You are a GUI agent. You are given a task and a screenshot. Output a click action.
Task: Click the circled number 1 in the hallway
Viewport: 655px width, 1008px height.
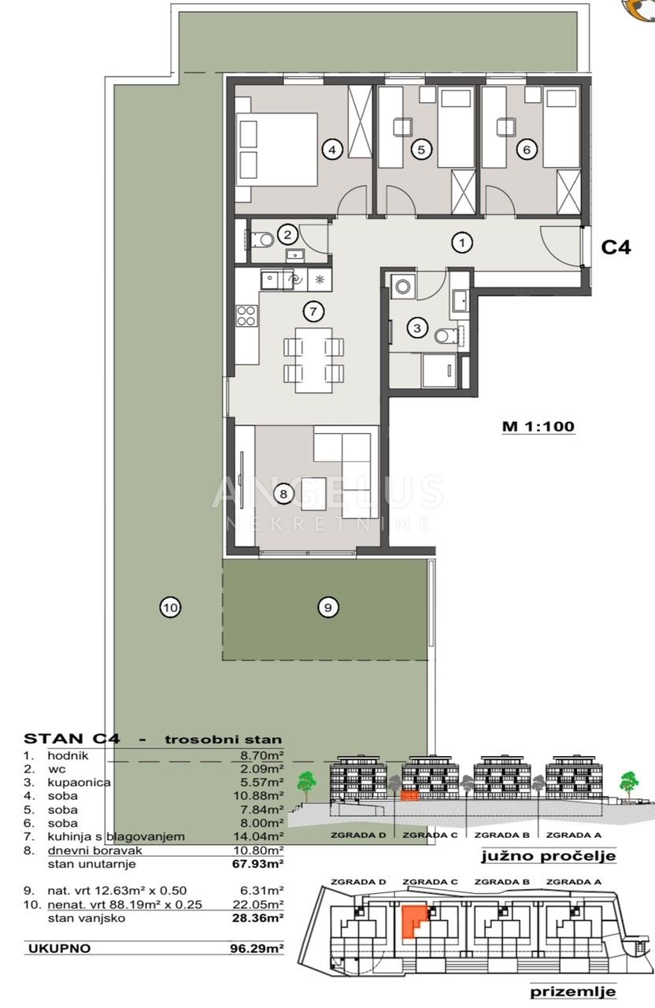click(x=462, y=243)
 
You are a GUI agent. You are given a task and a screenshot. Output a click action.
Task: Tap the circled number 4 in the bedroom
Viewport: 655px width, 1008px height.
click(x=332, y=149)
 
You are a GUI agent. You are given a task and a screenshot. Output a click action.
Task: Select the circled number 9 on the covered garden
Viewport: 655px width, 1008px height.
click(x=328, y=608)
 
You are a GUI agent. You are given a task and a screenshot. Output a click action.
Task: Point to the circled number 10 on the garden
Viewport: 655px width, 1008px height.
click(x=171, y=608)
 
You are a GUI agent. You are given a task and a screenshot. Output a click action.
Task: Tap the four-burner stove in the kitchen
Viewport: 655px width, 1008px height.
click(x=247, y=315)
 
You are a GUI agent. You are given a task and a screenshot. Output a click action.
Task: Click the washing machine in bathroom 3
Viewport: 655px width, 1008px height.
click(x=402, y=286)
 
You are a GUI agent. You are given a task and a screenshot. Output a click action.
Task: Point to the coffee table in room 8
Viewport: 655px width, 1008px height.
click(x=314, y=494)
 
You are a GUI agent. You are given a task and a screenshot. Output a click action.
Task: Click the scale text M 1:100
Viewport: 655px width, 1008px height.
click(x=538, y=426)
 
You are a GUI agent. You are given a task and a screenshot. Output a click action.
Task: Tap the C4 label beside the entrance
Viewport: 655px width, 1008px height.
click(x=616, y=247)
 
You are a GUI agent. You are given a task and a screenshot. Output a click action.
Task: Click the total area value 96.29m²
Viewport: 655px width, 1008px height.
click(x=257, y=949)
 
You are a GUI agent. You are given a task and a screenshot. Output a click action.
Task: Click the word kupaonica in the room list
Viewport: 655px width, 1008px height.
click(x=80, y=783)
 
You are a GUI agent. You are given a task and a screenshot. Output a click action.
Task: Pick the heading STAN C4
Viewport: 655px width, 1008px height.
click(x=72, y=739)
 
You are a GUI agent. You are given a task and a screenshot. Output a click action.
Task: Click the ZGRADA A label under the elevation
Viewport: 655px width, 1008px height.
click(x=574, y=836)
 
